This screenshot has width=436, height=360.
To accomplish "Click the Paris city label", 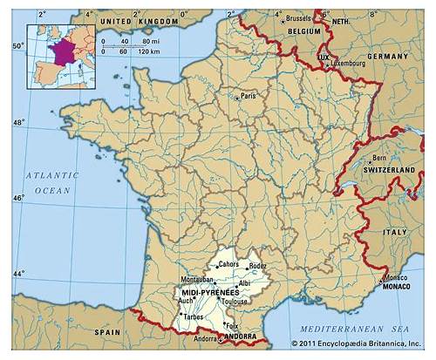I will [x=249, y=96].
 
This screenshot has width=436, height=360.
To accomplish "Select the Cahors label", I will [x=228, y=264].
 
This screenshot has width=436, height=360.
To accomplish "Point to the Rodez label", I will [x=257, y=267].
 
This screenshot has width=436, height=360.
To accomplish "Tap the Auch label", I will [x=185, y=301].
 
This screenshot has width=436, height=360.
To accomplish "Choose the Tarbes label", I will [x=194, y=317].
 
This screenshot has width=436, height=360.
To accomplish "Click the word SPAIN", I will [x=108, y=332].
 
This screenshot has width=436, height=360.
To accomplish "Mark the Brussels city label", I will [x=300, y=17].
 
